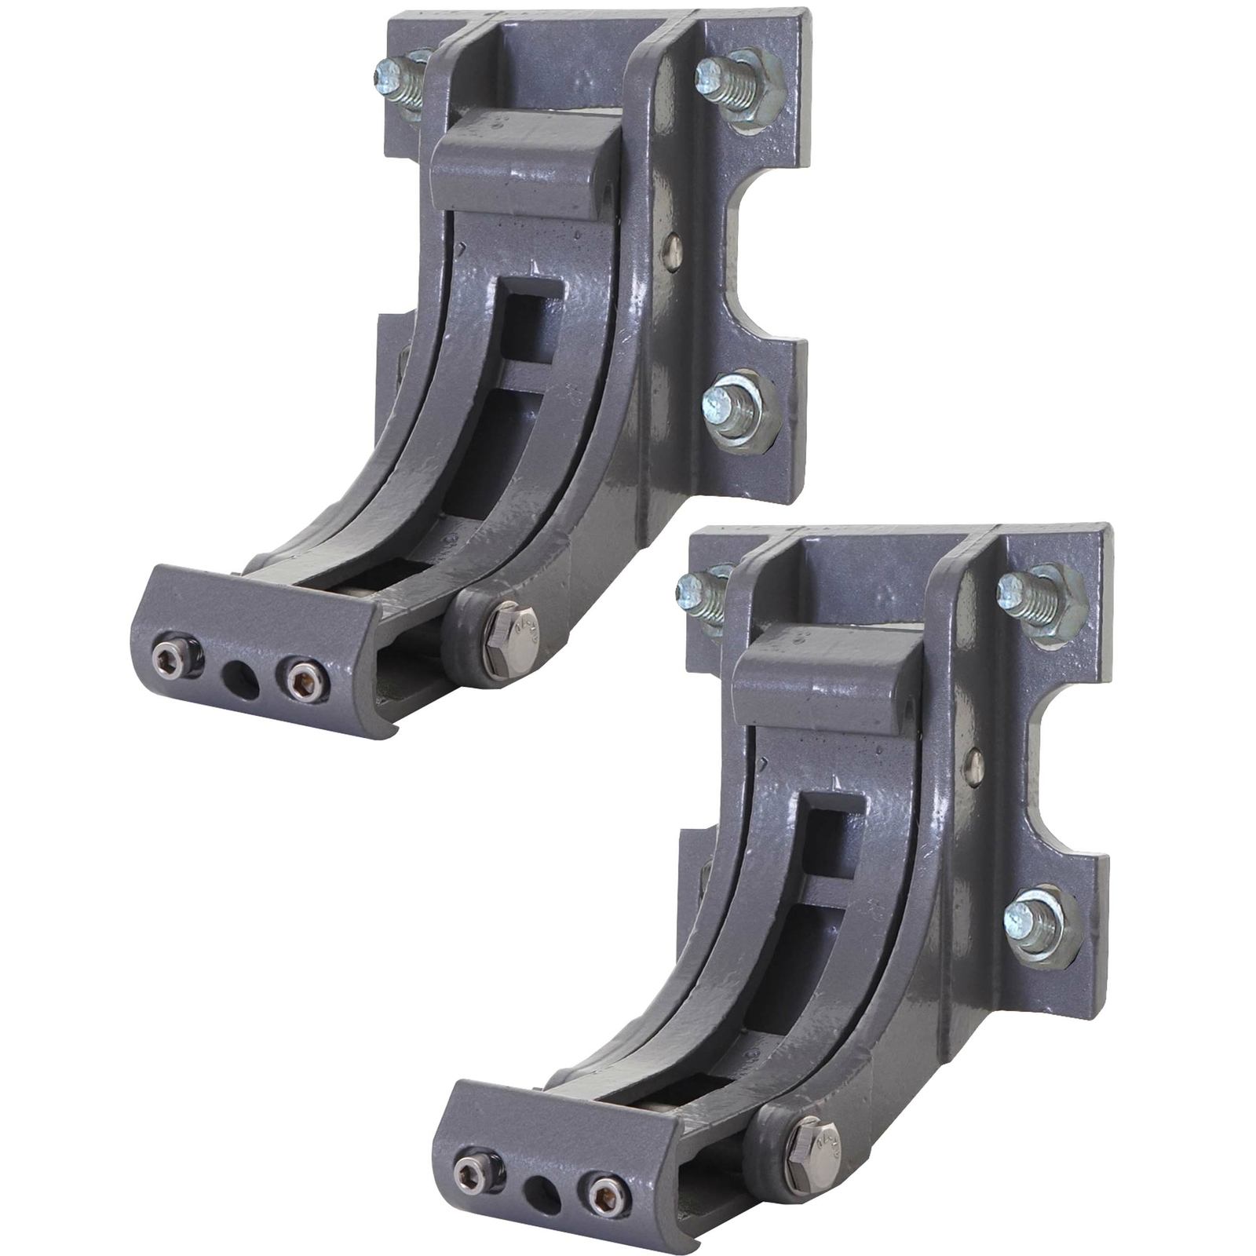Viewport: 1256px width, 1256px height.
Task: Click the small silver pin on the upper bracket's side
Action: click(x=672, y=250)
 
